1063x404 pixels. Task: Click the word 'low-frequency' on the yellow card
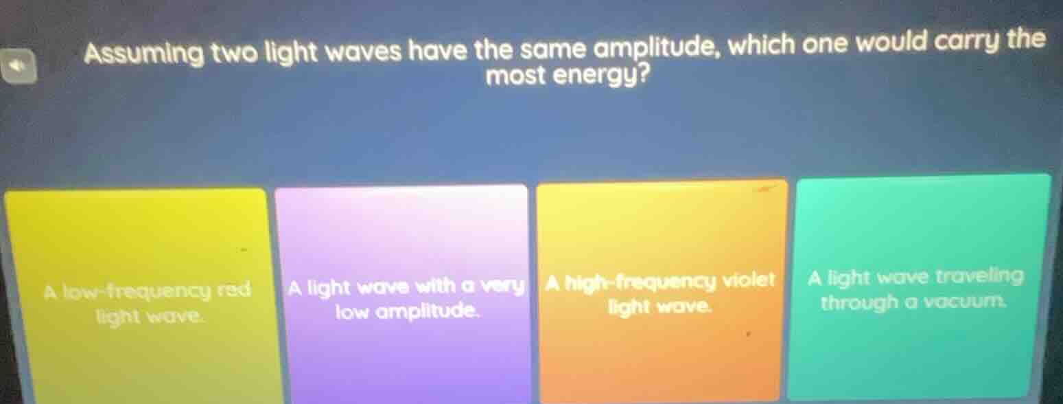pyautogui.click(x=135, y=291)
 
